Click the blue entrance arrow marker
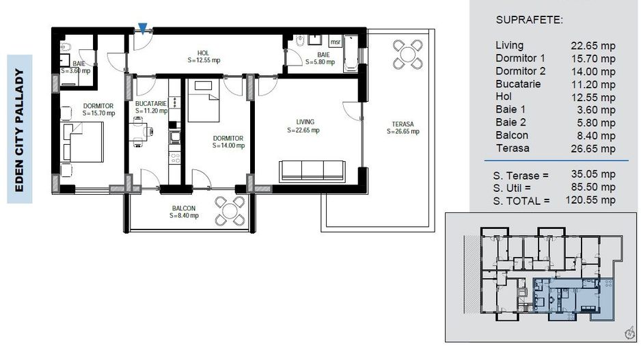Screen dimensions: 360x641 (142, 28)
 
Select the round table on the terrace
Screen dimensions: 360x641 (408, 54)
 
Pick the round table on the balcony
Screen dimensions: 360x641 (230, 210)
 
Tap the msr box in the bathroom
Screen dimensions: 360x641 (335, 40)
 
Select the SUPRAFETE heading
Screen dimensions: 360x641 (530, 19)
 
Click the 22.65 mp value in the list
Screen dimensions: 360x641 (593, 46)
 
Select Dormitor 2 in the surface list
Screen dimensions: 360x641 (520, 71)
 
